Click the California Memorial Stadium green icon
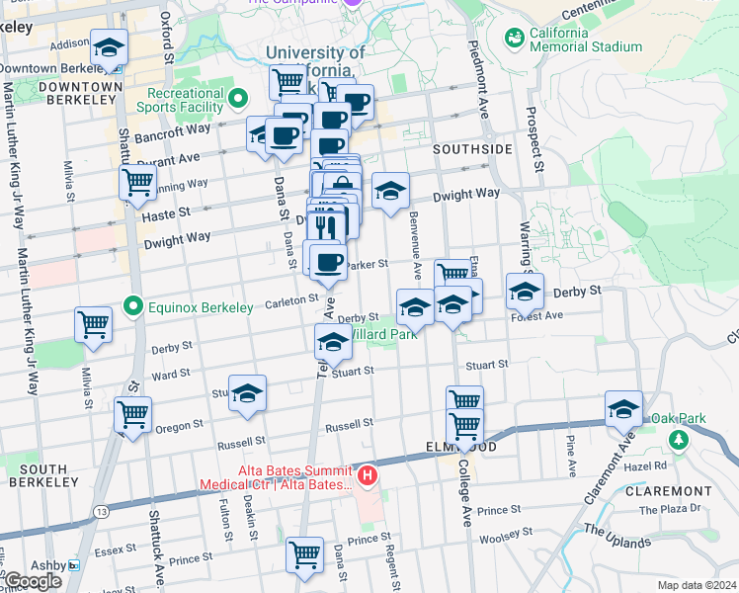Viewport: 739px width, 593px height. coord(514,38)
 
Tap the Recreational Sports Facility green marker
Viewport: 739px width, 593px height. coord(238,99)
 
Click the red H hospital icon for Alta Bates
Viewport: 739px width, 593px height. coord(368,476)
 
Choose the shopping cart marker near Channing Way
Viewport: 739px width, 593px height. coord(137,182)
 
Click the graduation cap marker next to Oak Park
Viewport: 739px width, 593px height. coord(624,408)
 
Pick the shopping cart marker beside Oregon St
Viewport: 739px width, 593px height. coord(132,414)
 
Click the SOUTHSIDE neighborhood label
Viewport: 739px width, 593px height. coord(472,148)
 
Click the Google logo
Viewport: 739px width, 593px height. coord(32,581)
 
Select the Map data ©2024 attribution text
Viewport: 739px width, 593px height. coord(698,585)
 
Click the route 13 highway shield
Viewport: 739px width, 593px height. coord(102,512)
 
